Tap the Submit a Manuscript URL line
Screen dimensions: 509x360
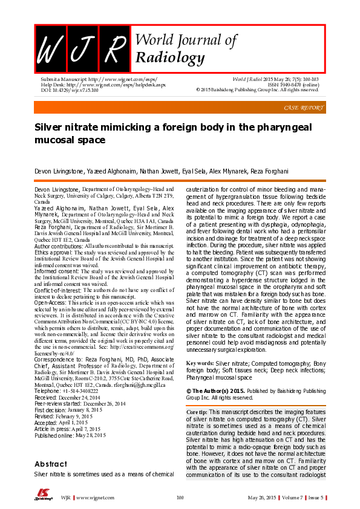[85, 79]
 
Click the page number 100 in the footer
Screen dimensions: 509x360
[179, 498]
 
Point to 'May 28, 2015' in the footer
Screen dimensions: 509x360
[263, 498]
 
